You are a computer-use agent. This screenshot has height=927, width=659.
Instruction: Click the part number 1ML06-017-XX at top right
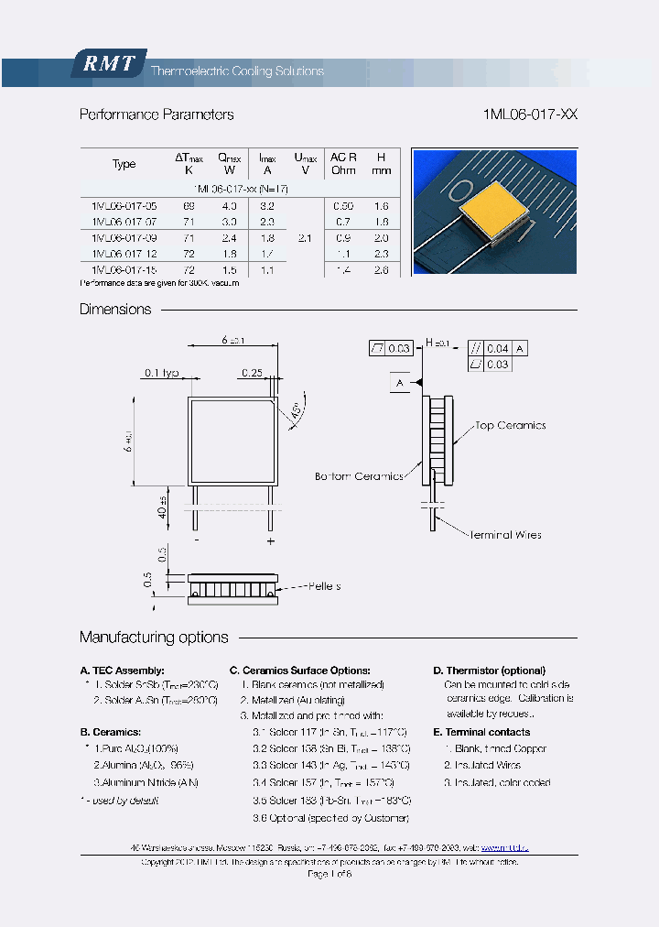click(x=529, y=115)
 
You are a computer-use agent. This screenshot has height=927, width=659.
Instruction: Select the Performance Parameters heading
click(x=157, y=115)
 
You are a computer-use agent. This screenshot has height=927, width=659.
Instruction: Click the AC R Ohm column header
click(x=343, y=164)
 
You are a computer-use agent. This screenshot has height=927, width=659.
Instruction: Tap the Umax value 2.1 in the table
click(x=306, y=237)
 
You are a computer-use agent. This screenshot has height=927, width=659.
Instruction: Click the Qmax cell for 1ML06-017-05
click(x=229, y=206)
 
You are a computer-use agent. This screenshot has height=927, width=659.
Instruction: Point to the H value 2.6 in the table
click(x=382, y=269)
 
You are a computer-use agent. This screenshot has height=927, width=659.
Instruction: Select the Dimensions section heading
click(x=115, y=310)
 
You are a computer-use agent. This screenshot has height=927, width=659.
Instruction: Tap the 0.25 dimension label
click(x=252, y=373)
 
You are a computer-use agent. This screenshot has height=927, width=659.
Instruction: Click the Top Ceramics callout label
click(x=510, y=426)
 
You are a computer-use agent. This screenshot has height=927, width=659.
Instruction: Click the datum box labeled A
click(x=400, y=382)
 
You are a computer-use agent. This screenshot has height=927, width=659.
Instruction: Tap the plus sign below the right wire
click(x=271, y=541)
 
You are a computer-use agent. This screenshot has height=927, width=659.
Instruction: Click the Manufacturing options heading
click(x=154, y=638)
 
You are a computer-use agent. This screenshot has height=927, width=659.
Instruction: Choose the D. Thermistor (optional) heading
click(x=489, y=671)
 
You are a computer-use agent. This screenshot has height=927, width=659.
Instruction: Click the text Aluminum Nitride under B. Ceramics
click(x=146, y=782)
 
